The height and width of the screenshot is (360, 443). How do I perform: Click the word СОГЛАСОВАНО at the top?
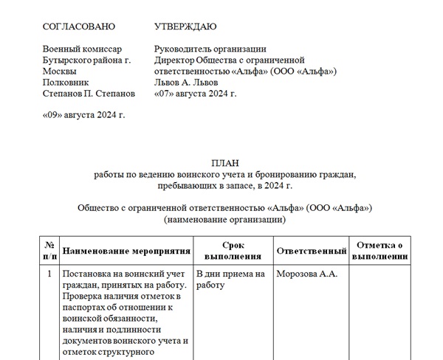[x=79, y=27]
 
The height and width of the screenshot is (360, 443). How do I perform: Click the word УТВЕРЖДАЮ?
[x=185, y=27]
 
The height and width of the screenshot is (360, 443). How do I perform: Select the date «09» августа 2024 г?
[x=83, y=115]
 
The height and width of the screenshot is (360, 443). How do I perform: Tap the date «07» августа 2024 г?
[x=194, y=94]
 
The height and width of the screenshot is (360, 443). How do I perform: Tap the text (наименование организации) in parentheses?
[x=224, y=219]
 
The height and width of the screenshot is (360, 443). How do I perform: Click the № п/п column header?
[x=49, y=251]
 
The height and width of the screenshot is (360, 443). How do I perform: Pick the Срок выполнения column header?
[x=233, y=251]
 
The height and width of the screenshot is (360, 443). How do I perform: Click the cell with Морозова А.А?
[x=306, y=274]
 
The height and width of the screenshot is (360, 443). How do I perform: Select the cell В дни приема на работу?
[x=230, y=280]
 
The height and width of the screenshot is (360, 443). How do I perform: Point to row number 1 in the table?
[x=49, y=274]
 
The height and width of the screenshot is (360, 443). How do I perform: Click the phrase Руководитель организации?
[x=210, y=49]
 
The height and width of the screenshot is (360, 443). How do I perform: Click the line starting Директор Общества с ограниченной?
[x=230, y=60]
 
